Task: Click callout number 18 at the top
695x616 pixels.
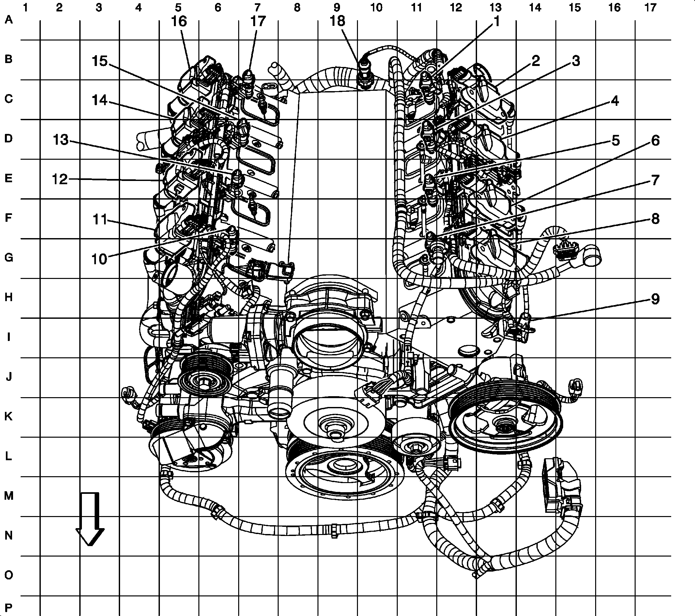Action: click(337, 22)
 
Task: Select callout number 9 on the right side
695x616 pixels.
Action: click(655, 299)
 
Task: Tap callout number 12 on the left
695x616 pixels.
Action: click(60, 179)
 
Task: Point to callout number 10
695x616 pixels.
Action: click(99, 259)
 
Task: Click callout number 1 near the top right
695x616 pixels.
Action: click(497, 22)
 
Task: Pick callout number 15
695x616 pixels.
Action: click(100, 61)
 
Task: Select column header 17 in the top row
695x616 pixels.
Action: click(650, 8)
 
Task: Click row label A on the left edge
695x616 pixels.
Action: click(8, 20)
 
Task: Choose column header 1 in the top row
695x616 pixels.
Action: click(25, 8)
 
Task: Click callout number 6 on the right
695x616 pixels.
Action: click(655, 140)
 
